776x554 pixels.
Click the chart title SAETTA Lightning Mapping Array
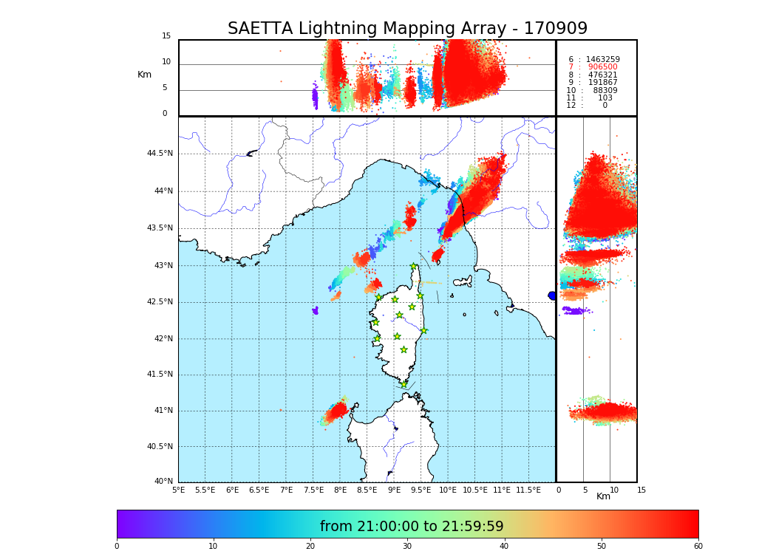[407, 29]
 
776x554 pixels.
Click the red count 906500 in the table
[602, 67]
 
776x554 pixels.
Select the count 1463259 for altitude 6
[602, 60]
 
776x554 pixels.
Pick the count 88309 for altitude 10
[605, 91]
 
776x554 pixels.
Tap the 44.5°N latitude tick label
[160, 154]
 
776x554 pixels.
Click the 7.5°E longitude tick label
[313, 490]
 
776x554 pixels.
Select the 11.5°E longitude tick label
[528, 490]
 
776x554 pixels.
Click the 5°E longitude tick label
[179, 490]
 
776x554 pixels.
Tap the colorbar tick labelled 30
[407, 546]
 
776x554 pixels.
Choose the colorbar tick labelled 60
[698, 546]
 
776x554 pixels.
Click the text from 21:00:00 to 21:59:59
[412, 527]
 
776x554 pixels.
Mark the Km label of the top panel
[145, 75]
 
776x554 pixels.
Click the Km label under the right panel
[604, 496]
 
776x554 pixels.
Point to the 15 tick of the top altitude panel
[166, 36]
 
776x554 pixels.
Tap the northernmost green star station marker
[414, 267]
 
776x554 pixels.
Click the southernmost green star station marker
[404, 384]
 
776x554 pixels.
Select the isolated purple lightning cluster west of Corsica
[316, 310]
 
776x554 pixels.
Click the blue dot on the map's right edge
[552, 295]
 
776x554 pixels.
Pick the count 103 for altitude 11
[605, 98]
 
